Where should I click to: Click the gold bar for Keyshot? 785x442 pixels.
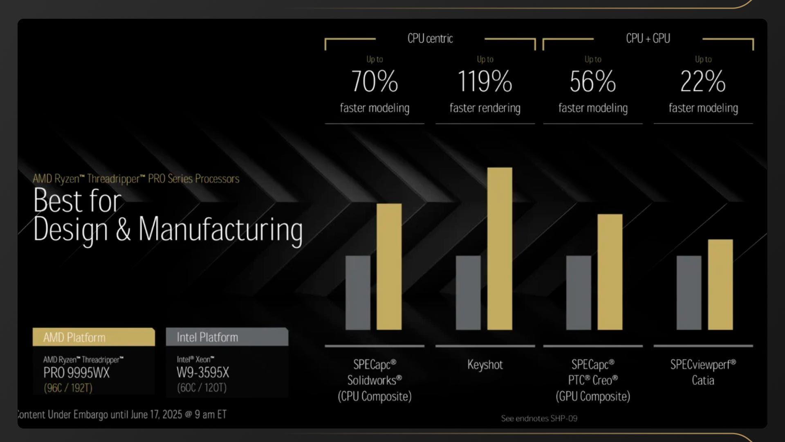click(x=500, y=248)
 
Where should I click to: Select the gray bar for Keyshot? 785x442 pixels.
click(x=468, y=293)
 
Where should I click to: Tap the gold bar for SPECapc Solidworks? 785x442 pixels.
click(x=389, y=266)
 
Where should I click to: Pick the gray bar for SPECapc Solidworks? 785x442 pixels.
click(x=358, y=293)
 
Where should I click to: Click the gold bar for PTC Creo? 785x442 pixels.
click(x=610, y=272)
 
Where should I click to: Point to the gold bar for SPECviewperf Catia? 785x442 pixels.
click(x=720, y=284)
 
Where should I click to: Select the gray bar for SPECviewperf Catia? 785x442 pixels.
click(x=689, y=293)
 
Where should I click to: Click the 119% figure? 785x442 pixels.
click(x=484, y=81)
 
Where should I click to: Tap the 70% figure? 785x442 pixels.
click(x=375, y=81)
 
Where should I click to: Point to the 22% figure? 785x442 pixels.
click(x=703, y=81)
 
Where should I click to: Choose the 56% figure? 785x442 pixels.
click(x=593, y=81)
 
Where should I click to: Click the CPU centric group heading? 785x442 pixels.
click(x=430, y=38)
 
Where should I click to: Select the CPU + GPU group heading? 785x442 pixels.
click(x=648, y=38)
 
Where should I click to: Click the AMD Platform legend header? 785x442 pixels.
click(x=94, y=337)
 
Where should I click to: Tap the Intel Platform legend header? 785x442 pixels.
click(x=227, y=337)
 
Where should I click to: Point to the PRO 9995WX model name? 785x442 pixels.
click(x=76, y=373)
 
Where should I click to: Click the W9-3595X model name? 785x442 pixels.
click(x=203, y=373)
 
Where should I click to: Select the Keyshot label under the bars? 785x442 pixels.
click(x=485, y=365)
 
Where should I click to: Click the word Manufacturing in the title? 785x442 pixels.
click(x=220, y=229)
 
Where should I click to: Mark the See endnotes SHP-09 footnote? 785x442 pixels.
click(x=539, y=418)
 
